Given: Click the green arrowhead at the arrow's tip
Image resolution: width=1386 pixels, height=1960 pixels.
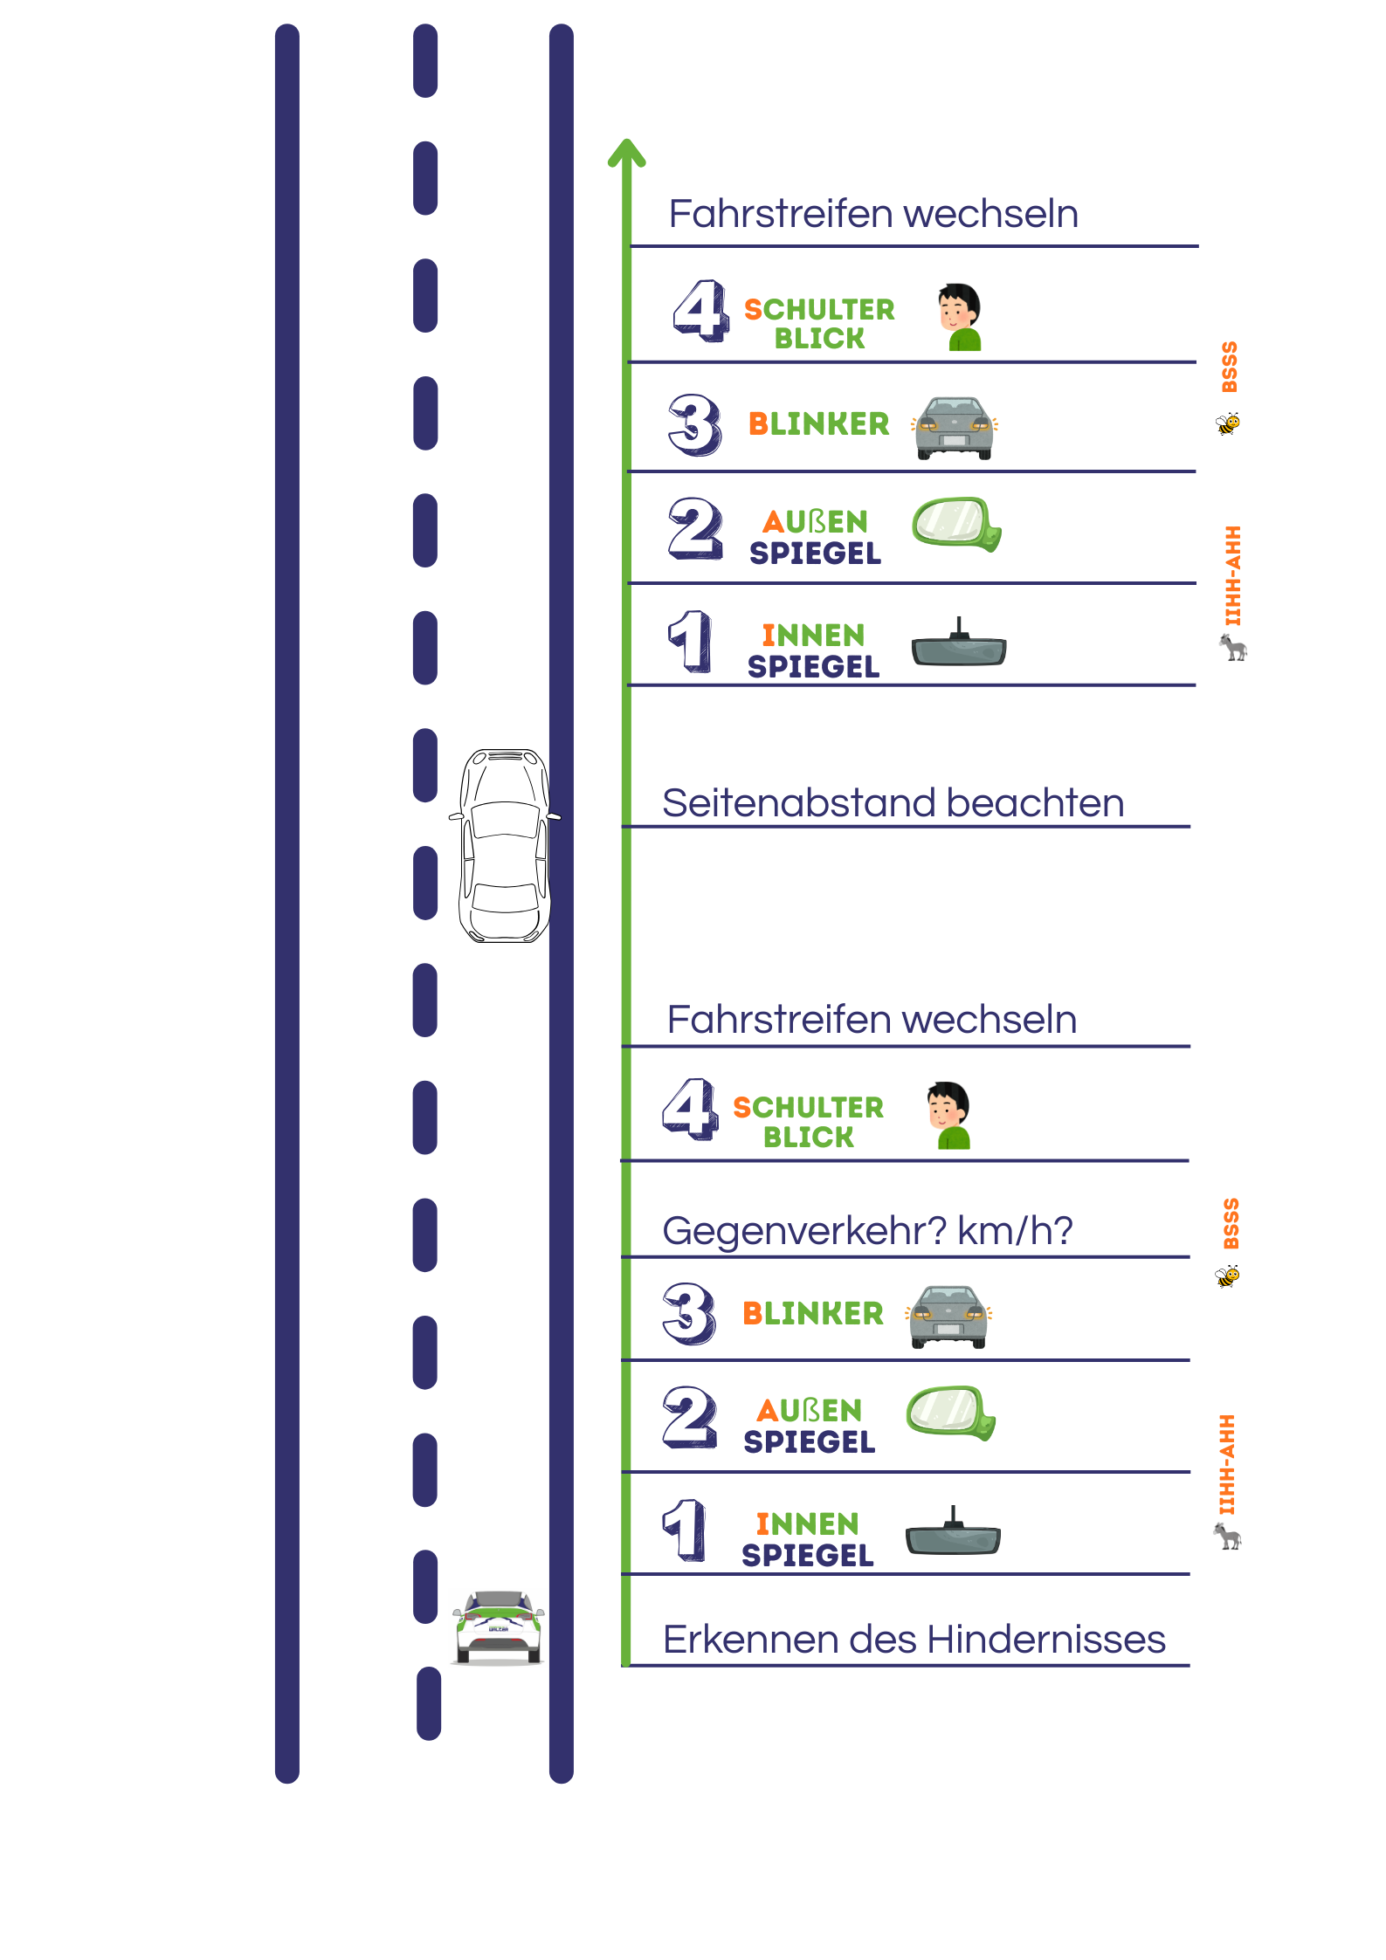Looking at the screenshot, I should tap(626, 153).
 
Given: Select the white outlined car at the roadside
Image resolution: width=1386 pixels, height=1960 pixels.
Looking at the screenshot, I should tap(505, 845).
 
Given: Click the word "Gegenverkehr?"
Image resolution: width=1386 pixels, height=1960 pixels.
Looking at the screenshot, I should tap(804, 1231).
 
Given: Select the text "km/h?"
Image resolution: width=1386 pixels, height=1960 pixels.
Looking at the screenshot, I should tap(1015, 1231).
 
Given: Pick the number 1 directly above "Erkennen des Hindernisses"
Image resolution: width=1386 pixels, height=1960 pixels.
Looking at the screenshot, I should tap(685, 1530).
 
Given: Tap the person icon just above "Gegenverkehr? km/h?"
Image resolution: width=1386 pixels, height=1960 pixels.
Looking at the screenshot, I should tap(949, 1115).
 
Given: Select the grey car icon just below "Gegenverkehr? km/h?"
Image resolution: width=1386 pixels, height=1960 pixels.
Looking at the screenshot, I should tap(948, 1316).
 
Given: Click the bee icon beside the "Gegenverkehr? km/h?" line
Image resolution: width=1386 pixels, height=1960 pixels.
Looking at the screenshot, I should tap(1228, 1276).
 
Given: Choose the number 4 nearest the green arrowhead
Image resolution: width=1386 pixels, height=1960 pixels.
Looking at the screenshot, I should tap(700, 311).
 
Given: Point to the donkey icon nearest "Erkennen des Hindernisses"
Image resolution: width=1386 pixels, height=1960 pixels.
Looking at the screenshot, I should tap(1227, 1536).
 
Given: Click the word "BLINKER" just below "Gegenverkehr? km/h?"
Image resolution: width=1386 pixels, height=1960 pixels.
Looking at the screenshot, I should tap(812, 1314).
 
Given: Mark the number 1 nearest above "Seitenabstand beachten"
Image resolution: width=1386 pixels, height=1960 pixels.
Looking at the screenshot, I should tap(690, 641).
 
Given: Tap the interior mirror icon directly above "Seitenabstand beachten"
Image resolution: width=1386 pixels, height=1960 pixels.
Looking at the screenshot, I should tap(959, 647).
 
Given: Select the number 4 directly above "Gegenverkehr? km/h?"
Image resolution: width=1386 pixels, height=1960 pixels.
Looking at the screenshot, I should tap(690, 1109).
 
